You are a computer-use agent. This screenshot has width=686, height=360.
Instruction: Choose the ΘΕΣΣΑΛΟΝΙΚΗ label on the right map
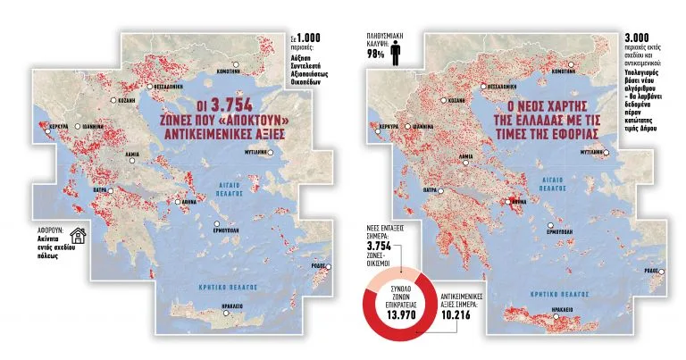(505, 87)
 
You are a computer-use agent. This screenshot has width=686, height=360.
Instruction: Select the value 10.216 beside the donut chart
(458, 314)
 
